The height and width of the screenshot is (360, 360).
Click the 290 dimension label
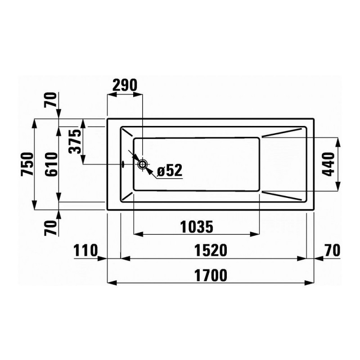pos(124,85)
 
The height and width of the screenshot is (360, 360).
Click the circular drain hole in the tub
pos(143,164)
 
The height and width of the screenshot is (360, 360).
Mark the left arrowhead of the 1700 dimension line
pos(111,283)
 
